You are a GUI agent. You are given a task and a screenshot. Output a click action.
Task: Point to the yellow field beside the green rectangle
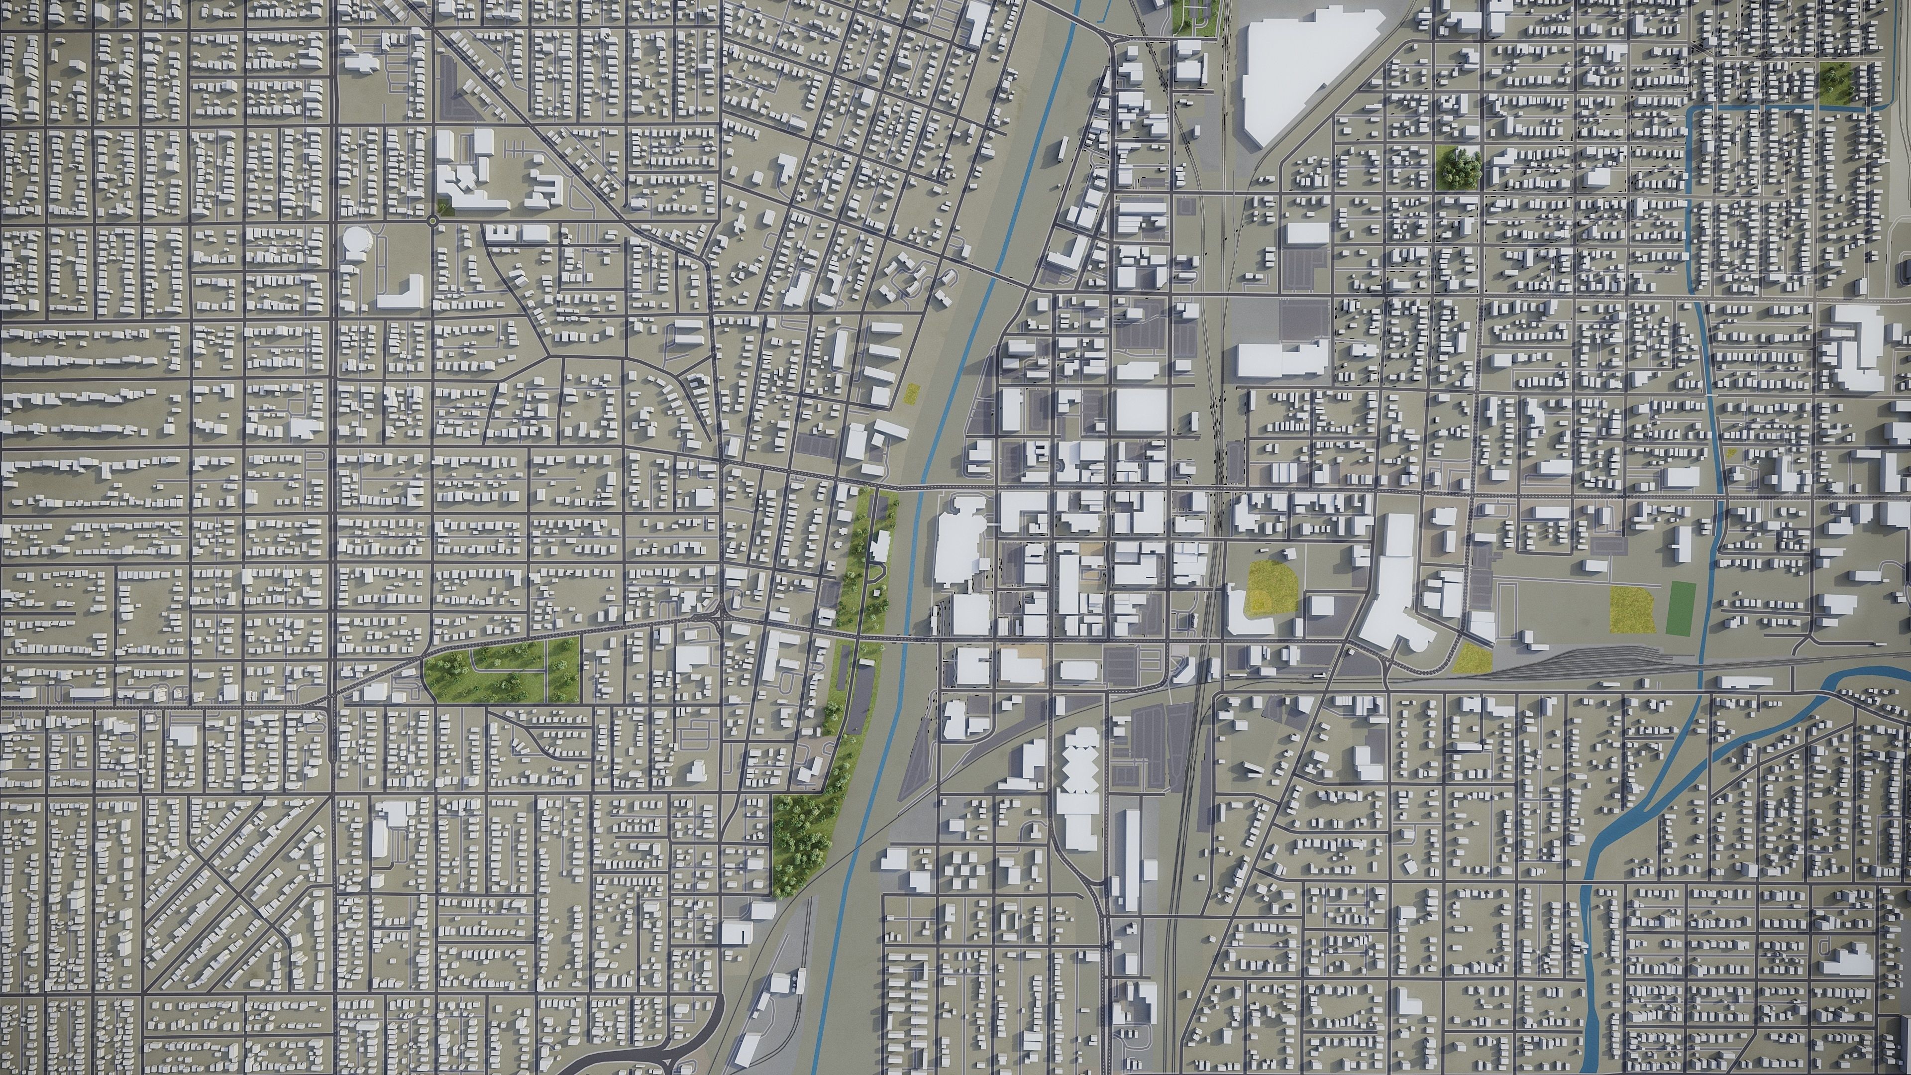[x=1631, y=609]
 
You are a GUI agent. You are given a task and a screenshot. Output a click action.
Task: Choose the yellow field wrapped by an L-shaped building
[x=1271, y=586]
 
